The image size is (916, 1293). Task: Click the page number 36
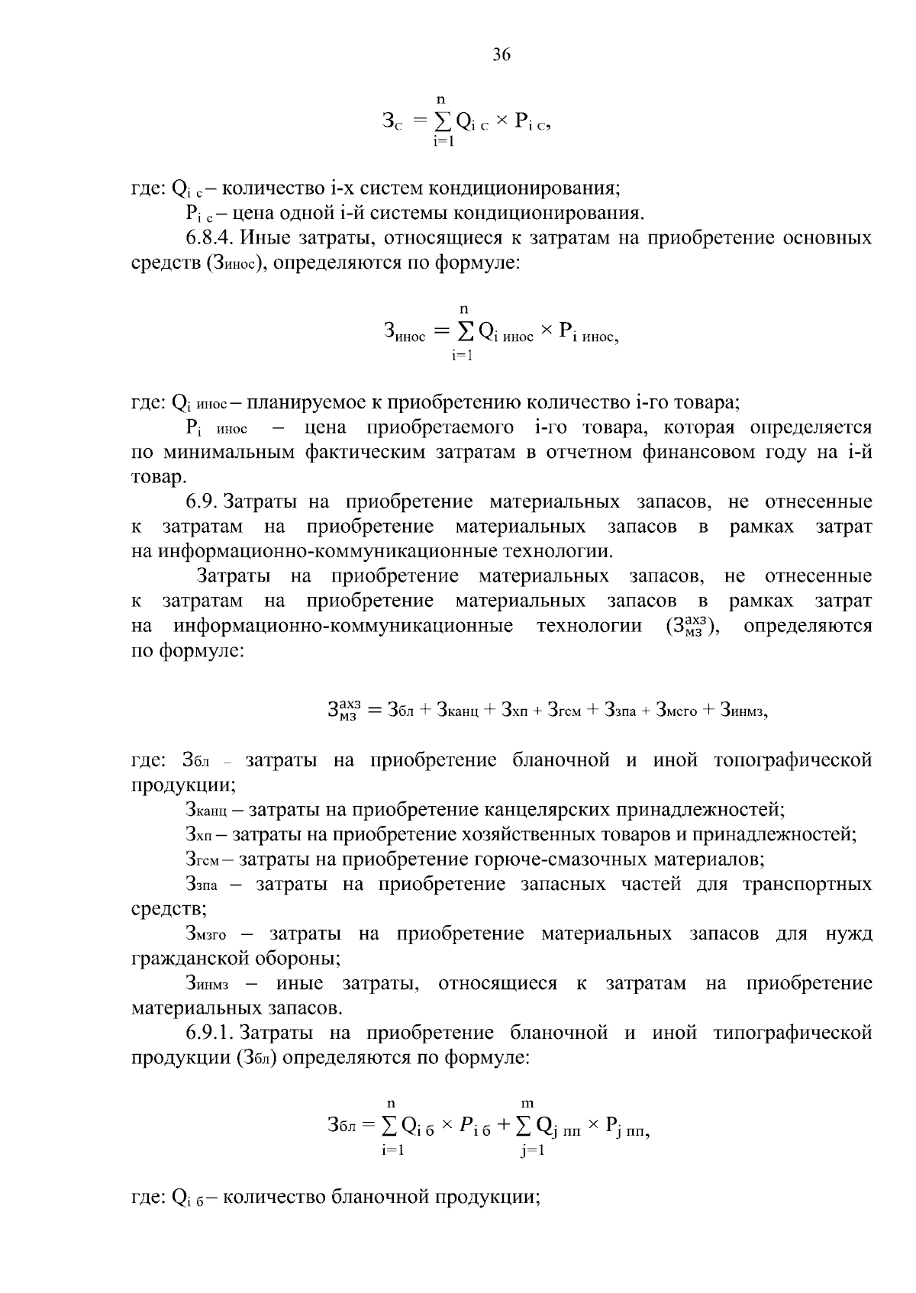[x=502, y=55]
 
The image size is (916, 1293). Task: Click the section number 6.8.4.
[x=210, y=238]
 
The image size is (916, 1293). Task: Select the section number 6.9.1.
[x=210, y=1033]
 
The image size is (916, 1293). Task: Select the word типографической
[x=792, y=1033]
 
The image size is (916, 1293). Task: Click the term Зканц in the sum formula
[x=457, y=710]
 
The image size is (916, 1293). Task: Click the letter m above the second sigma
[x=527, y=1103]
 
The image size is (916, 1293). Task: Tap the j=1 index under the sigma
[x=532, y=1152]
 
